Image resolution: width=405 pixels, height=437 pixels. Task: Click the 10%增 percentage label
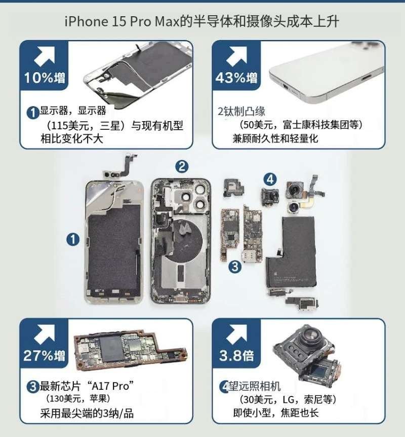click(45, 78)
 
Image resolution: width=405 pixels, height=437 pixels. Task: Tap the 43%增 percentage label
click(236, 78)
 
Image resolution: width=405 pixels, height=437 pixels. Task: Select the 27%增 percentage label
click(44, 355)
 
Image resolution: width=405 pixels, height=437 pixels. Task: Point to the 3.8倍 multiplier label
click(236, 355)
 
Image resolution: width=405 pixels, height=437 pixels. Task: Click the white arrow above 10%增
click(44, 56)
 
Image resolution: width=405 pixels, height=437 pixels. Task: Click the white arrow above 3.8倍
click(236, 334)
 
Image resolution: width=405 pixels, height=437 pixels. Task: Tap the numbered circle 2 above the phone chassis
click(182, 167)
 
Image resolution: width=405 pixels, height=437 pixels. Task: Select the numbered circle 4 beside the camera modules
click(270, 179)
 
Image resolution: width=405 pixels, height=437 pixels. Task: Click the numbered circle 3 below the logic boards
click(235, 267)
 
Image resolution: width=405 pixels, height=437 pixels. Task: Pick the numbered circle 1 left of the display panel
click(73, 239)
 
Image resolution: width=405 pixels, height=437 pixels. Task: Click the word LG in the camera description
click(289, 399)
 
